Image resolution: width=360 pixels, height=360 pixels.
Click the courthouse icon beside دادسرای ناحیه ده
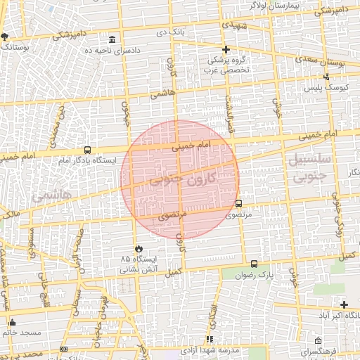click(x=113, y=39)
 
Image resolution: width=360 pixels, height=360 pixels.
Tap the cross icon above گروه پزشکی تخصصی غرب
click(x=226, y=49)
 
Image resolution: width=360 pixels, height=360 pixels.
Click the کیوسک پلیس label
click(x=326, y=89)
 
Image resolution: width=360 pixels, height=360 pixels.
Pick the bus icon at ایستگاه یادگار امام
click(x=87, y=150)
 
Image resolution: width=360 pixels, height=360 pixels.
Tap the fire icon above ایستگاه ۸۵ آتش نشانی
click(x=139, y=248)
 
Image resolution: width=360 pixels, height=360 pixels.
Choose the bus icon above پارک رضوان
click(x=254, y=264)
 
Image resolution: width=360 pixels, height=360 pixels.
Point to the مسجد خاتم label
click(x=22, y=332)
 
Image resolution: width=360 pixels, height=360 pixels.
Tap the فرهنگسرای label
click(x=319, y=350)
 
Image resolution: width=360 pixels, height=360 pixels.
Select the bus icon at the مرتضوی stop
click(x=238, y=204)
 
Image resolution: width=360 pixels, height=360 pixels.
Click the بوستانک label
click(x=15, y=47)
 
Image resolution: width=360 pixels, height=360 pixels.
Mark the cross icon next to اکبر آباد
click(x=344, y=304)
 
